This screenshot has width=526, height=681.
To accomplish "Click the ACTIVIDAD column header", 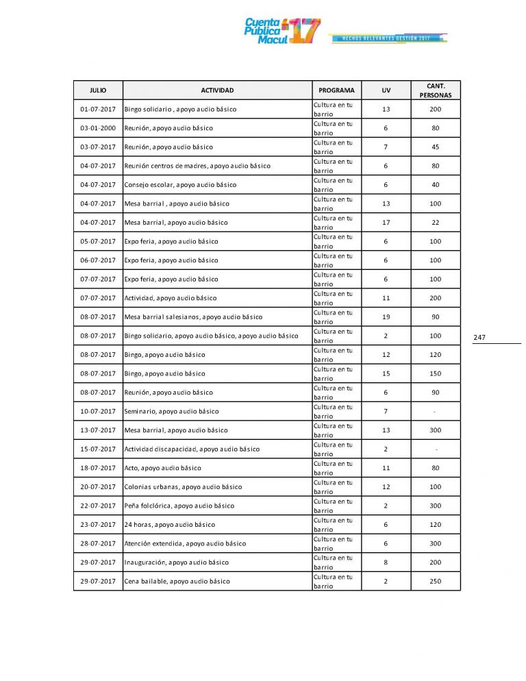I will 217,90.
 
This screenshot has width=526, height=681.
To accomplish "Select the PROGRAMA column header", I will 336,90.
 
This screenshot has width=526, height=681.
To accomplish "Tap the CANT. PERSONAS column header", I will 436,90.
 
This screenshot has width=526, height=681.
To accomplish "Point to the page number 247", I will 479,337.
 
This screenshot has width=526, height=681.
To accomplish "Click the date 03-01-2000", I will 98,128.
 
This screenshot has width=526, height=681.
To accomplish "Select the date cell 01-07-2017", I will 98,110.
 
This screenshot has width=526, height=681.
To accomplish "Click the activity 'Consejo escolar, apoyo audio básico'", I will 180,185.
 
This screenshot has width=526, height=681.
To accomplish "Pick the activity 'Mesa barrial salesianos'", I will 193,317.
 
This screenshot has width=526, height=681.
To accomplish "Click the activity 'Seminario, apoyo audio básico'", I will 171,412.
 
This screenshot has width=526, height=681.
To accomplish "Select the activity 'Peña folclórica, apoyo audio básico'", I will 179,506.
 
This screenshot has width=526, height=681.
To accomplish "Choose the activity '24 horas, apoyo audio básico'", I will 169,525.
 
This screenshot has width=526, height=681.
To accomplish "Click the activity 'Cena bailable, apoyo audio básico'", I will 177,582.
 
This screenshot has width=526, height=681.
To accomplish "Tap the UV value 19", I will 386,317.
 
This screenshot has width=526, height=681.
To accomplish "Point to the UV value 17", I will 386,223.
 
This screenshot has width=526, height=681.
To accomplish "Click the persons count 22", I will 436,223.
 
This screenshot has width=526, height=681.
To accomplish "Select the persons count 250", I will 436,582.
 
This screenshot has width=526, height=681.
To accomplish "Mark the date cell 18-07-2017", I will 98,468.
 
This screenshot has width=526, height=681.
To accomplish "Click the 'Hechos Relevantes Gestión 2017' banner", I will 388,38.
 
